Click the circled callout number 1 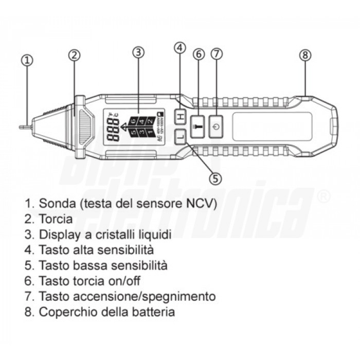[x=27, y=60]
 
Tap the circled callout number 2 [x=75, y=55]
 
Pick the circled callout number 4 [x=179, y=48]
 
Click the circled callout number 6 [x=199, y=54]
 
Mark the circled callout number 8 [x=306, y=56]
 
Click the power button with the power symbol [x=217, y=127]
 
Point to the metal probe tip [x=23, y=125]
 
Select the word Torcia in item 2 [x=55, y=219]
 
